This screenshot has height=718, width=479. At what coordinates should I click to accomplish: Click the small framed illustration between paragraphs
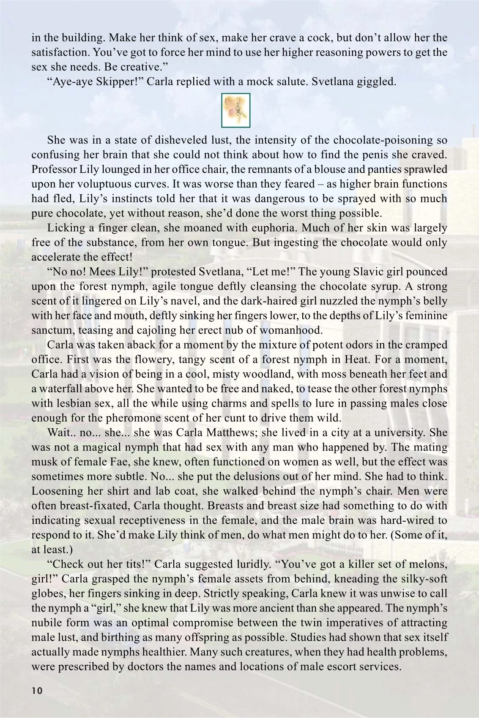236,110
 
